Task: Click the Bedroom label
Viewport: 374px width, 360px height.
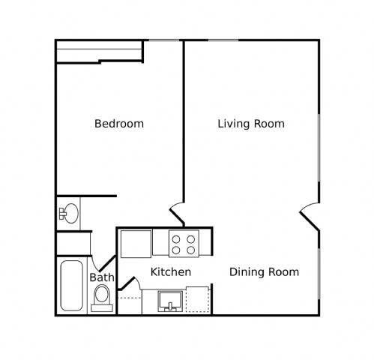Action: click(x=118, y=124)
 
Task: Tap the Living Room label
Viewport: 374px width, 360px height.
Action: click(x=250, y=124)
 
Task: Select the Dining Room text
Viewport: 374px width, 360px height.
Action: click(x=264, y=272)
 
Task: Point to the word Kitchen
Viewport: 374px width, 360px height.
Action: click(x=171, y=272)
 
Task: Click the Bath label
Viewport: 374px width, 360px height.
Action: click(x=101, y=278)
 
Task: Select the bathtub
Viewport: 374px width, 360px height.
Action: click(x=72, y=286)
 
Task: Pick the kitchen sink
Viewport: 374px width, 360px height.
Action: click(x=172, y=302)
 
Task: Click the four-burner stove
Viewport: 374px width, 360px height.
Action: click(x=184, y=244)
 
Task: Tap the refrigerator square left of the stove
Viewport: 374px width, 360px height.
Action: click(x=136, y=243)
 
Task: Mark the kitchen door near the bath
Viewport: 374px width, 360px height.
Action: click(x=129, y=286)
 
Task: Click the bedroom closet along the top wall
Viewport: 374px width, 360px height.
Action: click(x=100, y=50)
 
